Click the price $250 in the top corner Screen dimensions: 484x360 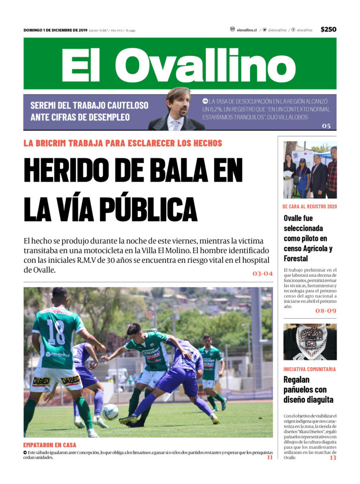(328, 30)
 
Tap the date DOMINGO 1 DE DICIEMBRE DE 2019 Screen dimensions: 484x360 (55, 30)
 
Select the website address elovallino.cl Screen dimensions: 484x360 (247, 30)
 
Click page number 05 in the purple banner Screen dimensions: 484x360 (326, 126)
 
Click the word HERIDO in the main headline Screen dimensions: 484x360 (76, 171)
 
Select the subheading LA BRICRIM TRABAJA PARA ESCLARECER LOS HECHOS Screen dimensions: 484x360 (123, 143)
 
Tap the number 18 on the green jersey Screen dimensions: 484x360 (56, 332)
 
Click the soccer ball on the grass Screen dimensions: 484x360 (111, 411)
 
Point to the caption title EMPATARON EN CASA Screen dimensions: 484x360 (50, 445)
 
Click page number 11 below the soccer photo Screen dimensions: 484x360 (270, 457)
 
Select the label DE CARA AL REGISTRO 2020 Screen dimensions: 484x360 (309, 206)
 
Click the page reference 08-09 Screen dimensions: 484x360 (325, 310)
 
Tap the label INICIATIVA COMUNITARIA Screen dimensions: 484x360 (309, 369)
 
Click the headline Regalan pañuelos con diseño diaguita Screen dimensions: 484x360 (308, 389)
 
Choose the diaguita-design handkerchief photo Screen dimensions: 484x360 (310, 342)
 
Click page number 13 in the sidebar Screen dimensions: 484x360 (332, 457)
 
